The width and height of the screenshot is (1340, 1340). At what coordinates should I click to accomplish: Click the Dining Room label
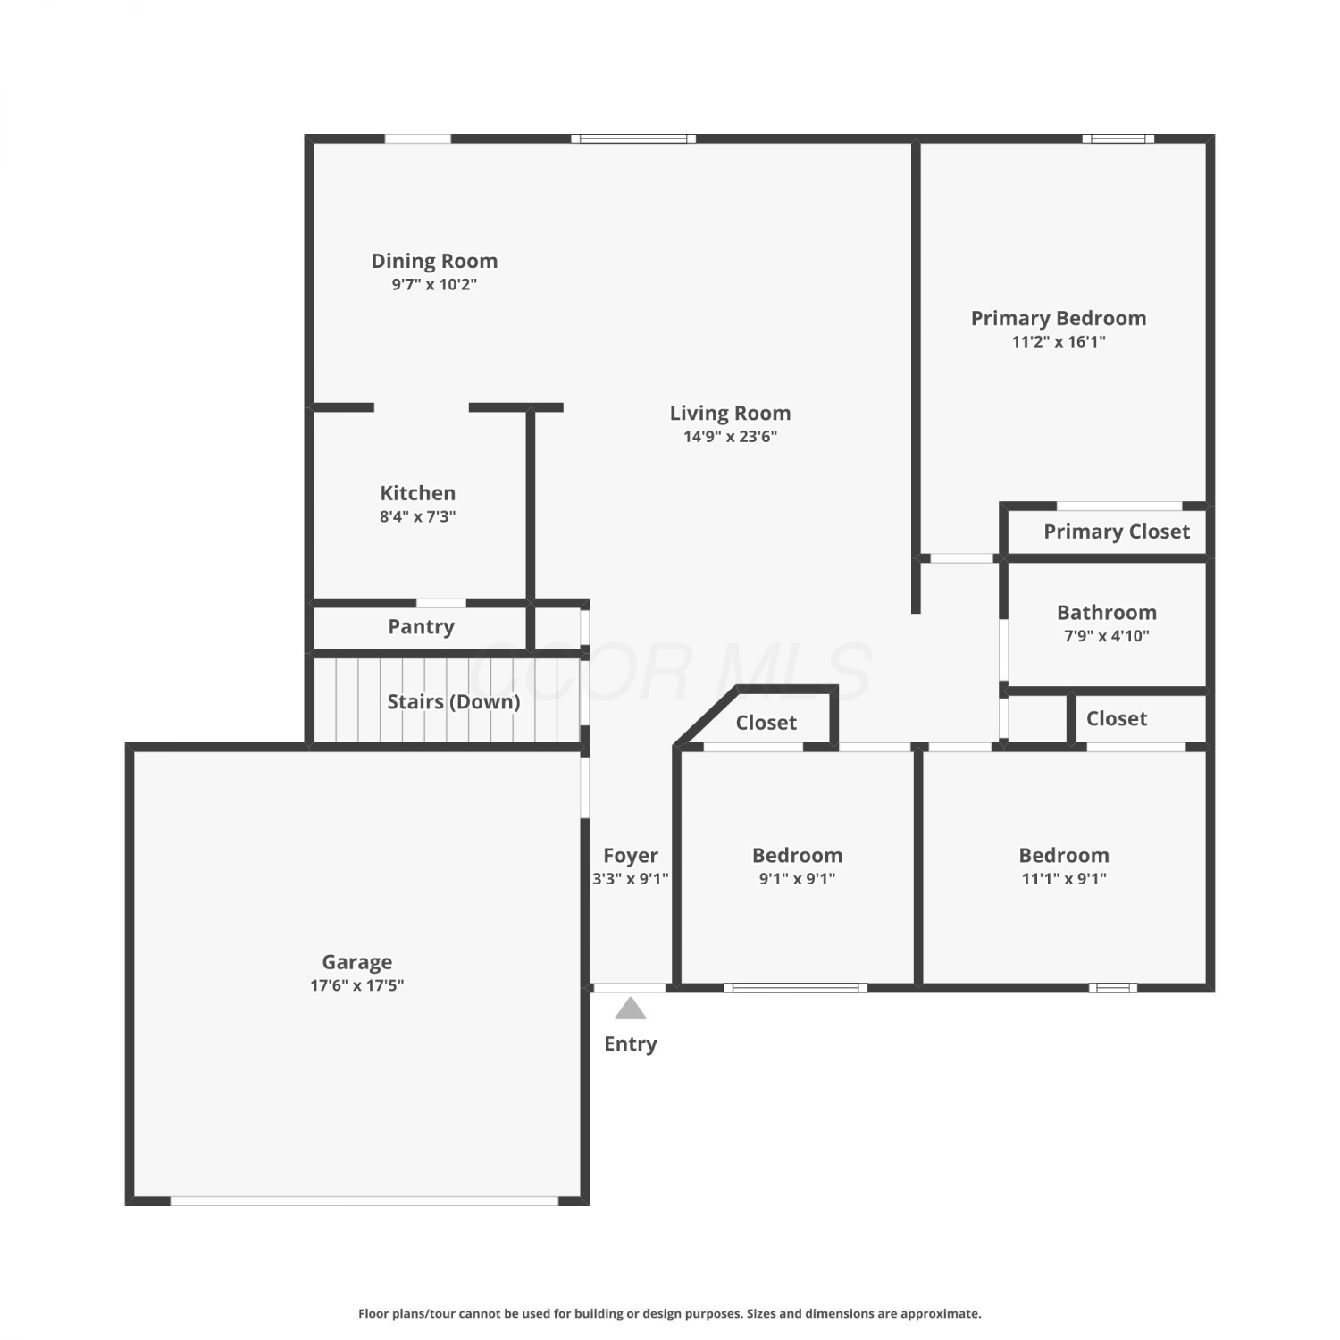click(434, 261)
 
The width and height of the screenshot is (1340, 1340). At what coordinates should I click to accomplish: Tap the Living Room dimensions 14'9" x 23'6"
click(731, 436)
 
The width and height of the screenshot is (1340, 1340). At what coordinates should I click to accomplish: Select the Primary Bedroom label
click(1059, 318)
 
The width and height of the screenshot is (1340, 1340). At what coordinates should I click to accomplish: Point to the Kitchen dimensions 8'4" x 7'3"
click(418, 515)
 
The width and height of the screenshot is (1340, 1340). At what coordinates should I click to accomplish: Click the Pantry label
click(421, 627)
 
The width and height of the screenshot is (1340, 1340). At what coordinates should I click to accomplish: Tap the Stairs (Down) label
click(454, 701)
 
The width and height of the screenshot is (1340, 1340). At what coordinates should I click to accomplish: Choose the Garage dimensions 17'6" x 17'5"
click(357, 984)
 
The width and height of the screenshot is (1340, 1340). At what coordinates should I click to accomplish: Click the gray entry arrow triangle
click(631, 1009)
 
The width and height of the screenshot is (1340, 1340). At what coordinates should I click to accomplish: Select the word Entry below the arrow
click(631, 1043)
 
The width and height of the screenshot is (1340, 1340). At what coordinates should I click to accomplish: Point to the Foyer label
click(631, 856)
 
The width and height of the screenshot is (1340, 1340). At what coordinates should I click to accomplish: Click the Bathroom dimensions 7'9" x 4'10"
click(1107, 635)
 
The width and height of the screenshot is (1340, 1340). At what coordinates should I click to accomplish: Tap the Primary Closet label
click(1117, 532)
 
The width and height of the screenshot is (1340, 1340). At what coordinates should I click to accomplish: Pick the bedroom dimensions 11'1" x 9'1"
click(1064, 878)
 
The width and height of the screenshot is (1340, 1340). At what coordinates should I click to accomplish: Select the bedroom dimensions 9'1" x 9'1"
click(798, 878)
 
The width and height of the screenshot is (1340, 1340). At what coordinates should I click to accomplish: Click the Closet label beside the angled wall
click(766, 723)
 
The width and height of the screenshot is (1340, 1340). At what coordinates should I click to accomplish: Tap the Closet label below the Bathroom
click(1117, 718)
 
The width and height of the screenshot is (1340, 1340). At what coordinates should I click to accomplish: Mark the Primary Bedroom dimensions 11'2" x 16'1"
click(1059, 341)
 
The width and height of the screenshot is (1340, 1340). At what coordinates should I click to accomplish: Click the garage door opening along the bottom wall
click(364, 1202)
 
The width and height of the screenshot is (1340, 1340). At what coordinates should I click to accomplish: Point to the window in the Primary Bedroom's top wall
click(1118, 138)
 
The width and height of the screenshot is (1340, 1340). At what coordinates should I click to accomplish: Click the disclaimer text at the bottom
click(670, 1313)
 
